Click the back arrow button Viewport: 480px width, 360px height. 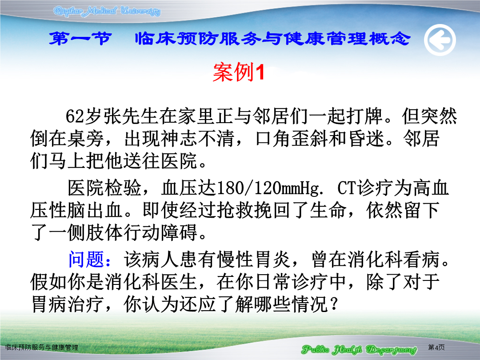pyautogui.click(x=440, y=40)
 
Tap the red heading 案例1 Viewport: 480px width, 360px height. pyautogui.click(x=239, y=72)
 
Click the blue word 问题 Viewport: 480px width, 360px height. pyautogui.click(x=86, y=259)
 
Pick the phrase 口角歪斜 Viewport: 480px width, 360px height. pyautogui.click(x=292, y=139)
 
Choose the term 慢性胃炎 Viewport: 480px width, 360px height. pyautogui.click(x=254, y=259)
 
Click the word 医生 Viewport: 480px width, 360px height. pyautogui.click(x=179, y=282)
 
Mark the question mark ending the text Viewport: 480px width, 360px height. pyautogui.click(x=334, y=304)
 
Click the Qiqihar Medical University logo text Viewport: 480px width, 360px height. pyautogui.click(x=107, y=11)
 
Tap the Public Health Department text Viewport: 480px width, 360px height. pyautogui.click(x=359, y=349)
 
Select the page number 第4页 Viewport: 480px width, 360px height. pyautogui.click(x=436, y=347)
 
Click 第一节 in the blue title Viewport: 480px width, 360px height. pyautogui.click(x=80, y=39)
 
